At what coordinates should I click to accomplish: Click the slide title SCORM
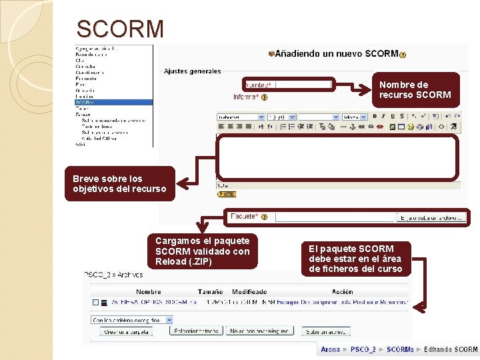click(120, 29)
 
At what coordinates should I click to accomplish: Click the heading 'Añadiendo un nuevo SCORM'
click(337, 53)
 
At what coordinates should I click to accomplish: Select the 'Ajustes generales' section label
click(192, 71)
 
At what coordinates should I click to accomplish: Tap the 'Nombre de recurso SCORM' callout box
click(417, 90)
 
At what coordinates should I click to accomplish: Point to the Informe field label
click(246, 97)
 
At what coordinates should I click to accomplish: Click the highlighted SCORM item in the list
click(85, 103)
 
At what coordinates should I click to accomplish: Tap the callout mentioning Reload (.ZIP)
click(203, 251)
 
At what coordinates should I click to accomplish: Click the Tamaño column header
click(210, 291)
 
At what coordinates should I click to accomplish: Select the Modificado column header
click(249, 291)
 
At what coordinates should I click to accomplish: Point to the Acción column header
click(342, 291)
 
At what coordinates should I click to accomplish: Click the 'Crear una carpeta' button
click(123, 331)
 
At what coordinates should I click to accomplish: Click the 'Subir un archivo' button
click(326, 331)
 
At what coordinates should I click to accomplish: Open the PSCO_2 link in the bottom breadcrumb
click(363, 349)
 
